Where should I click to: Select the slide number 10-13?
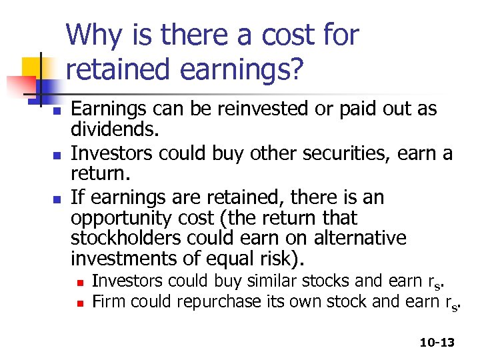click(x=437, y=342)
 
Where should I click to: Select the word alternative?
click(x=365, y=237)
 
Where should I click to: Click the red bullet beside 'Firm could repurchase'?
click(x=80, y=303)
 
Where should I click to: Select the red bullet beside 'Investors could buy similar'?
click(x=80, y=282)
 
